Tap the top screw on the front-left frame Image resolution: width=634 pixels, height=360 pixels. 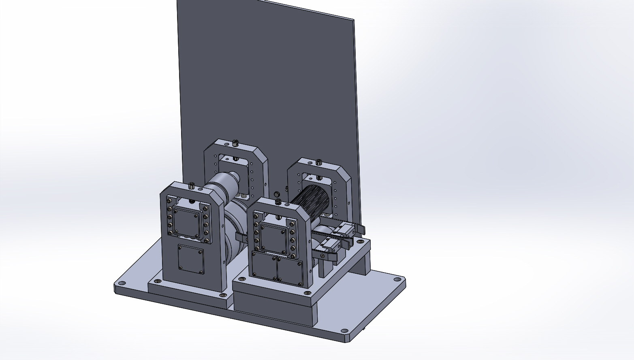coord(191,186)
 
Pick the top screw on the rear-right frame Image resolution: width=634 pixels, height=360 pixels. coord(319,162)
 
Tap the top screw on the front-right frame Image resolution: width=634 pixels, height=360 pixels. coord(278,201)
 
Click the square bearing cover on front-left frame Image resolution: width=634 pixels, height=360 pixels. coord(187,223)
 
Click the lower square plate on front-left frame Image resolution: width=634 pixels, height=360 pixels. coord(191,259)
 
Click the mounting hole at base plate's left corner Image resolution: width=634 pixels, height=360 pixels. coord(121,283)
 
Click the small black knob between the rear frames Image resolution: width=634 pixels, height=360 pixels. coord(278,194)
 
